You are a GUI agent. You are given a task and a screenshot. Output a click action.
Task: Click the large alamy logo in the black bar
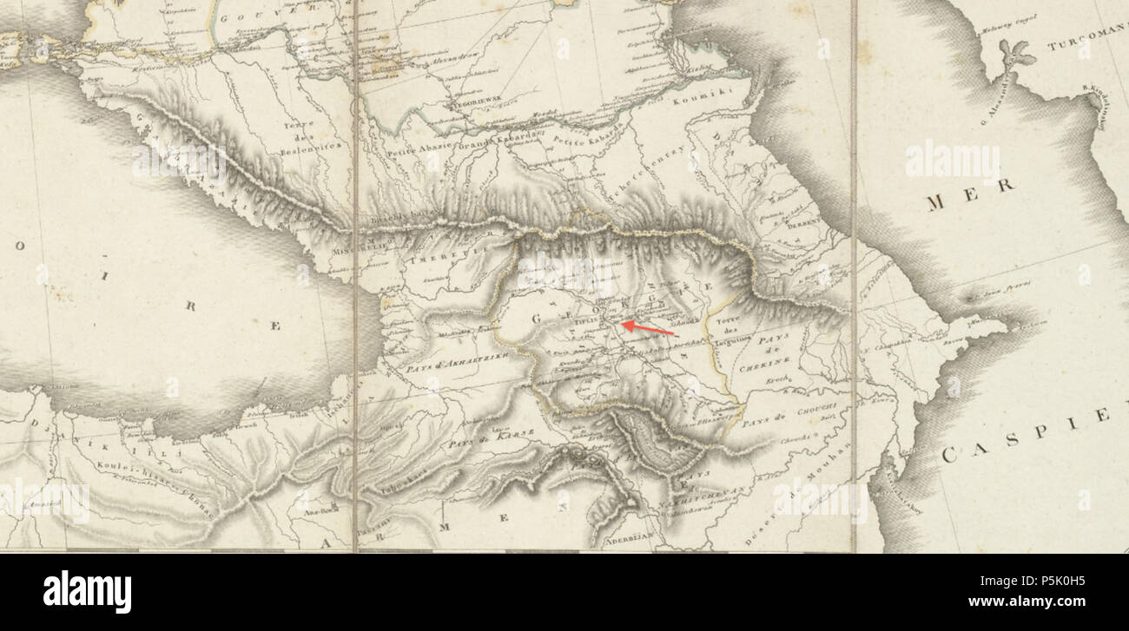(87, 592)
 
